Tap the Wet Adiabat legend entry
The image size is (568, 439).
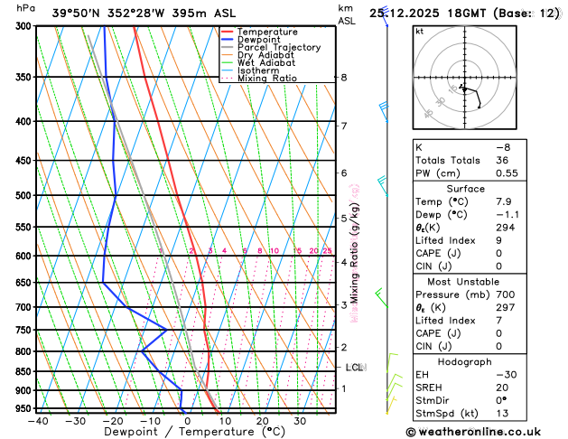(266, 62)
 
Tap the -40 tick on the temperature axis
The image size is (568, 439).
(38, 421)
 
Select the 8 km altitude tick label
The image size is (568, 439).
(344, 78)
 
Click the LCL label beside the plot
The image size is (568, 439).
(355, 368)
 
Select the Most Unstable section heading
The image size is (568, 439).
(477, 281)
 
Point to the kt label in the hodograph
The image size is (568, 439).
(419, 31)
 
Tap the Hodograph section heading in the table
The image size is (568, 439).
(477, 361)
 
